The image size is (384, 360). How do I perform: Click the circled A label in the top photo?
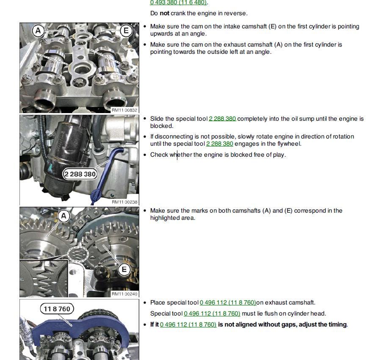click(39, 30)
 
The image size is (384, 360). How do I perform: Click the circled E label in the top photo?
click(126, 30)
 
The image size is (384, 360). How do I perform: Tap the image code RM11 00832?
click(124, 110)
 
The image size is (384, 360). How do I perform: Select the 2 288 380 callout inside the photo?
click(80, 174)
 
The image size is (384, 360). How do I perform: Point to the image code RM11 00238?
click(124, 202)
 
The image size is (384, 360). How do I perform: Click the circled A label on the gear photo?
click(64, 216)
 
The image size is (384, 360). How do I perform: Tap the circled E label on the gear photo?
click(124, 270)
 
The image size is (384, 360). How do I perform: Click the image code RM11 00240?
click(124, 294)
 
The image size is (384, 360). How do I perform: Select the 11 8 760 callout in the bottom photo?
click(57, 309)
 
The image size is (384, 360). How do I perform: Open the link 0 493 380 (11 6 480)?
click(178, 3)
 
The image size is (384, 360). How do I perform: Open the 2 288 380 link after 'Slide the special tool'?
click(222, 119)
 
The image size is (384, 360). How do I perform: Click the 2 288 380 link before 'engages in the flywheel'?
click(219, 144)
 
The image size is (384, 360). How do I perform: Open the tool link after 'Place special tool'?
click(228, 303)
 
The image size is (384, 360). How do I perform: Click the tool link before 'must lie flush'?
click(212, 314)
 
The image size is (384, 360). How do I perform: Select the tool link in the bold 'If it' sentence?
click(188, 325)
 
